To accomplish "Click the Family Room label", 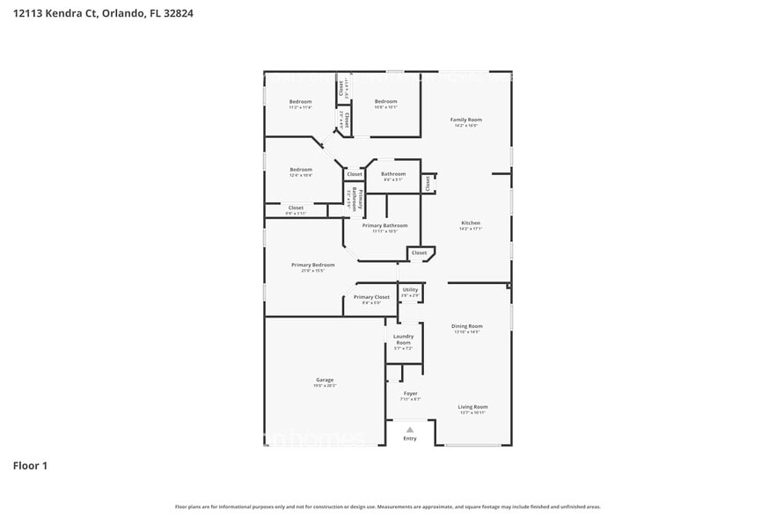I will click(466, 120).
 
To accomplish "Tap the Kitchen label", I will click(471, 223).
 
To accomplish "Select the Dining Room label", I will click(467, 326).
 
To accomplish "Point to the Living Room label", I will click(472, 407).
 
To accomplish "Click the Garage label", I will click(325, 380).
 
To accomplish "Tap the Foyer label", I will click(411, 393).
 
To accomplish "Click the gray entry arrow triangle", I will click(410, 429).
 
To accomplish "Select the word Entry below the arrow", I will click(410, 438).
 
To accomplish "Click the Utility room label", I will click(410, 289).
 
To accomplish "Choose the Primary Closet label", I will click(371, 297).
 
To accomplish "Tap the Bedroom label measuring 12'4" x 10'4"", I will click(301, 170).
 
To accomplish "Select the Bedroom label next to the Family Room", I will click(385, 101).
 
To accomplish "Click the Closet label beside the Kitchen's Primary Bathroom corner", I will click(419, 252).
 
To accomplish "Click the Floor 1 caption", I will click(30, 465).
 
